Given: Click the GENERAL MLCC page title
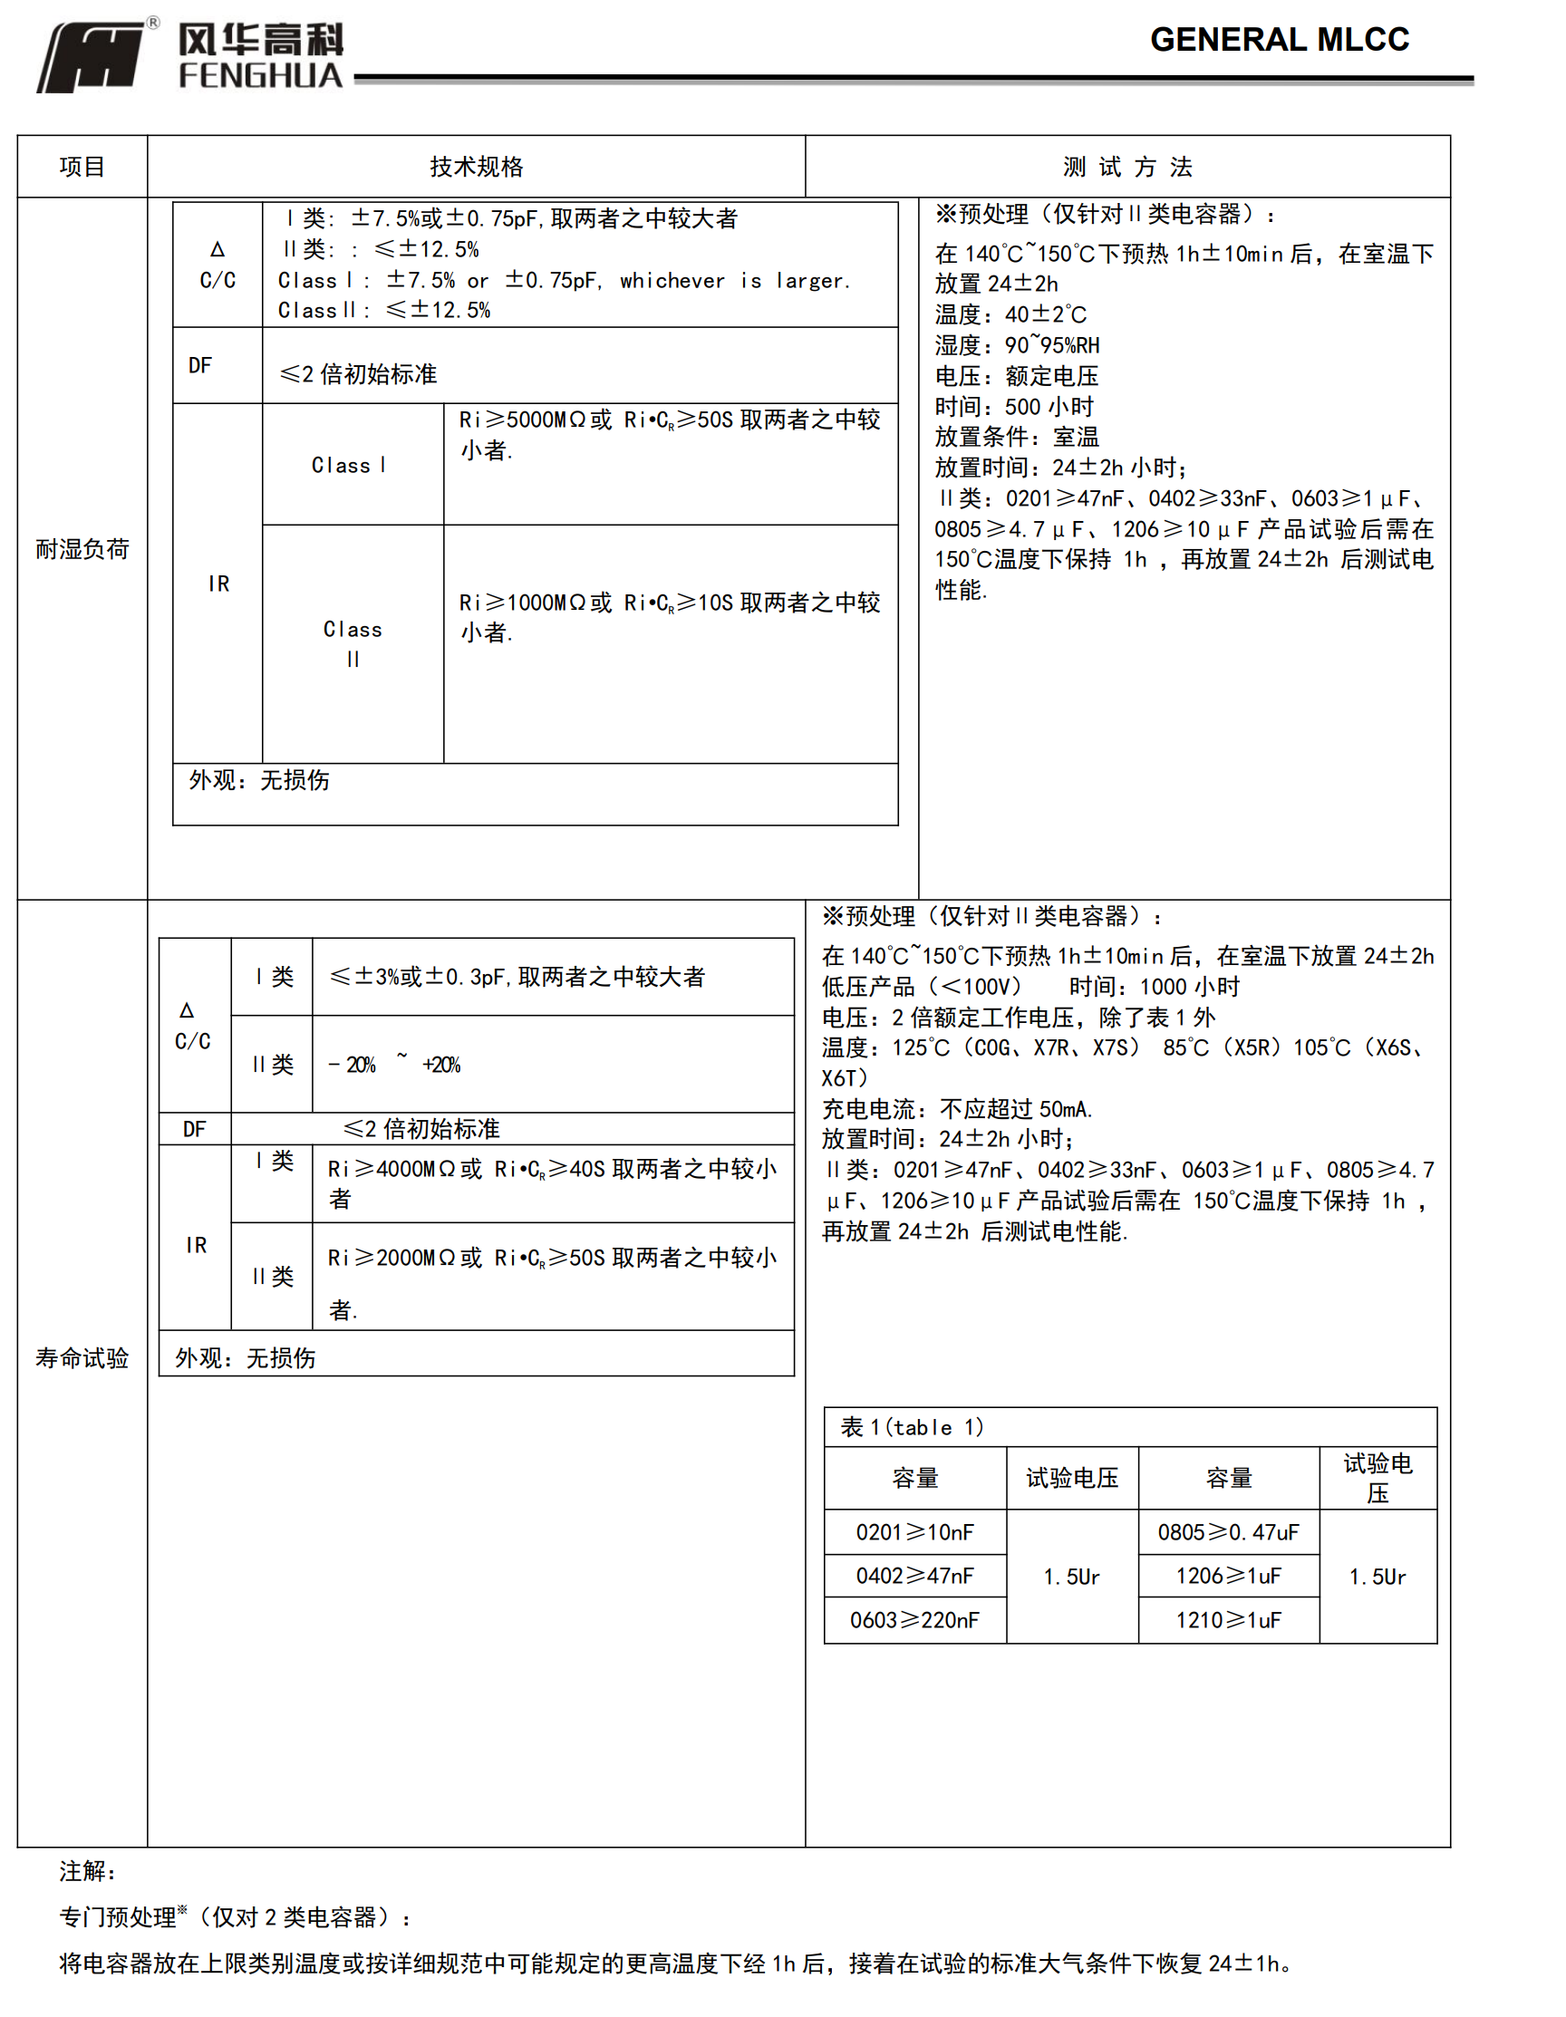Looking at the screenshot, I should pyautogui.click(x=1279, y=40).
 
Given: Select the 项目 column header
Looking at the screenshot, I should pyautogui.click(x=82, y=167).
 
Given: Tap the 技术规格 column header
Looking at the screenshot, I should pyautogui.click(x=476, y=167).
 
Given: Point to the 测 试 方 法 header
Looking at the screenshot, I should pyautogui.click(x=1127, y=167).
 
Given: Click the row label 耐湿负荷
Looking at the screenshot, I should pyautogui.click(x=82, y=549).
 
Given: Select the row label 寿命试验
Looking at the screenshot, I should pyautogui.click(x=82, y=1357).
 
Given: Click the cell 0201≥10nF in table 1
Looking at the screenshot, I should pyautogui.click(x=914, y=1532).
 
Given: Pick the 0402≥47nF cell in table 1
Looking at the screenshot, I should pyautogui.click(x=914, y=1576).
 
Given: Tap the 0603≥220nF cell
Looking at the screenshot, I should pyautogui.click(x=914, y=1620).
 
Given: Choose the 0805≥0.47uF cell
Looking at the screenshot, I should pyautogui.click(x=1228, y=1532).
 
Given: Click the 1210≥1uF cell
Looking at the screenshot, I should pyautogui.click(x=1228, y=1620).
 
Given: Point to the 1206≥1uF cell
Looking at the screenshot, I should pyautogui.click(x=1228, y=1576).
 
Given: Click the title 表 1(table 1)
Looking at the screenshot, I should pyautogui.click(x=912, y=1427).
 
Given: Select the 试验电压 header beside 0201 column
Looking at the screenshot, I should pyautogui.click(x=1072, y=1478).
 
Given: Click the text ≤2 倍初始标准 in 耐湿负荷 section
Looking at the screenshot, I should pyautogui.click(x=359, y=374).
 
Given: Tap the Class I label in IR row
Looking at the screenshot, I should pyautogui.click(x=349, y=466).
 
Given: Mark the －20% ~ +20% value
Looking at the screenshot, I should pyautogui.click(x=394, y=1065).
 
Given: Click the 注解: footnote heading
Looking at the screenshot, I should pyautogui.click(x=89, y=1871).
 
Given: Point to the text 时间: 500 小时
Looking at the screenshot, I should pyautogui.click(x=1013, y=406).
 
